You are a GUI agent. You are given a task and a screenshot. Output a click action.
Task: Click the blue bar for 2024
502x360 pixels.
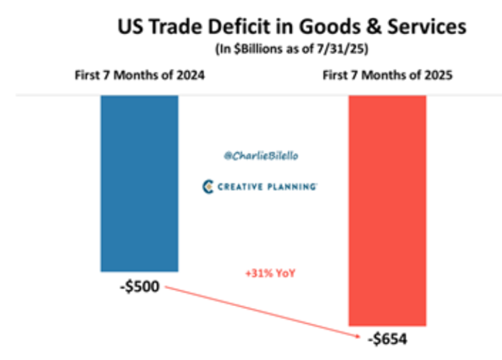pyautogui.click(x=139, y=183)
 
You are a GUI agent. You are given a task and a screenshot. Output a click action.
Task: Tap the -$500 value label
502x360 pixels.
pyautogui.click(x=139, y=287)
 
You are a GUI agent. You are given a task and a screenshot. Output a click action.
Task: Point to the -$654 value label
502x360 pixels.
pyautogui.click(x=386, y=340)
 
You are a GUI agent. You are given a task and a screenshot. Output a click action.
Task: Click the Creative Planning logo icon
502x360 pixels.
pyautogui.click(x=207, y=187)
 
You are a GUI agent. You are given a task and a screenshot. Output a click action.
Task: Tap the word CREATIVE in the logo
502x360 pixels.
pyautogui.click(x=242, y=188)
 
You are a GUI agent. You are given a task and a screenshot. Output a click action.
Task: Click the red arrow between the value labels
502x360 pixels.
pyautogui.click(x=263, y=312)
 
